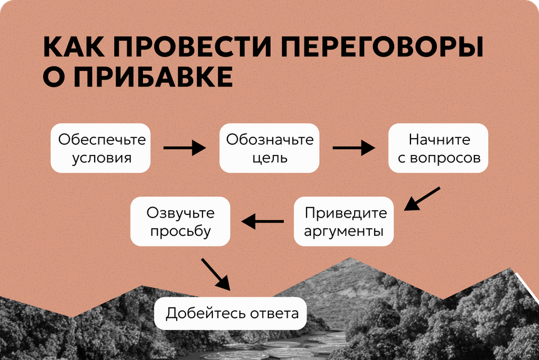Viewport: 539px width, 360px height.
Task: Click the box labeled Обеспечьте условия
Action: [101, 148]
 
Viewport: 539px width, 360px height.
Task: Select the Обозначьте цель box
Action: [269, 148]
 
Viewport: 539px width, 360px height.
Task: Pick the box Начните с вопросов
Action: [439, 148]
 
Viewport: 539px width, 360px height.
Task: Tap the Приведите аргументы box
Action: [344, 221]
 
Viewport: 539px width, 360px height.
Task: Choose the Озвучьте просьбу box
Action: [181, 221]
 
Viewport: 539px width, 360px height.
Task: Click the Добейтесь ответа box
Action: [231, 312]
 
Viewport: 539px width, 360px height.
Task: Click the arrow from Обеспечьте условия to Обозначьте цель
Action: [185, 148]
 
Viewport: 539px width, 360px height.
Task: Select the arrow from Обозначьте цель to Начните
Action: [353, 148]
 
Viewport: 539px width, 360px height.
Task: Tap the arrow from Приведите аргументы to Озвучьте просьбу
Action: [263, 221]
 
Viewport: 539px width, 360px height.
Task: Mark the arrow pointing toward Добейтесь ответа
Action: [215, 272]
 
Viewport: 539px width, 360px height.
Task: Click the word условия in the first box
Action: [102, 157]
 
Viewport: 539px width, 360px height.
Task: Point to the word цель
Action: [270, 157]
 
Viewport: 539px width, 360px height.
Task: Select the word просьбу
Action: [181, 231]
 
